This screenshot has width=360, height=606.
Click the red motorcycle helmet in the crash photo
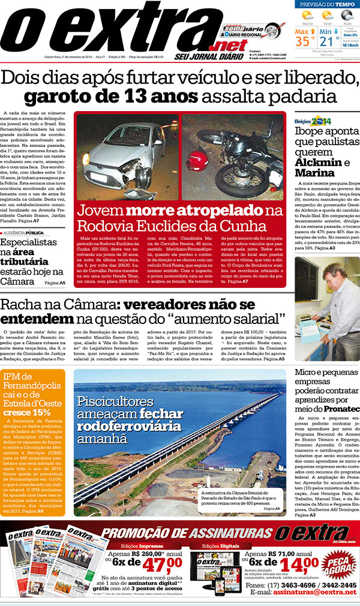[x=196, y=160]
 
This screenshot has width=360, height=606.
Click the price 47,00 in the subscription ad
[x=157, y=566]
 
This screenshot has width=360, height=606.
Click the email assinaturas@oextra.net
[x=312, y=592]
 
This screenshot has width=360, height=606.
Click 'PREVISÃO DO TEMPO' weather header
[x=328, y=4]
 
